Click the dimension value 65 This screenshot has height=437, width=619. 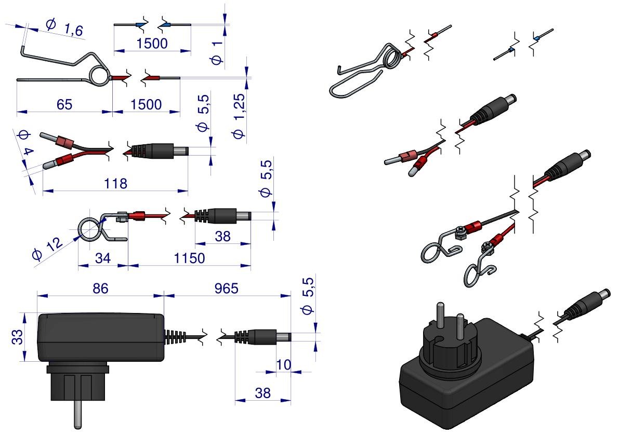[x=64, y=104]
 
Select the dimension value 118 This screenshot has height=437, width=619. [x=115, y=184]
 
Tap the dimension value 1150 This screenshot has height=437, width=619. [x=190, y=258]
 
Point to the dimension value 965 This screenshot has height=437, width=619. [x=226, y=289]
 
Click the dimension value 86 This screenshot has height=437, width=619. [x=100, y=289]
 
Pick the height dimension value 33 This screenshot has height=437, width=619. [x=17, y=337]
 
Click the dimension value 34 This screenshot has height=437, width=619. [x=102, y=258]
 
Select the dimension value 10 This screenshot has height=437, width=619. [x=283, y=365]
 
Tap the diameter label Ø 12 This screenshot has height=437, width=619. [x=47, y=249]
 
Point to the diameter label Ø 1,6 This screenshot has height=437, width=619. [x=64, y=28]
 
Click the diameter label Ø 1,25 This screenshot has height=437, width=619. [x=239, y=116]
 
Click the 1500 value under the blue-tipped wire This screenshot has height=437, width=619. [x=152, y=44]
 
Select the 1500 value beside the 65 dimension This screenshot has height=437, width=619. [x=146, y=104]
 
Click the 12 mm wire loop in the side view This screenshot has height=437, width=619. [x=90, y=229]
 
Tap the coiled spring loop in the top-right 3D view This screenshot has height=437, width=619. [x=391, y=57]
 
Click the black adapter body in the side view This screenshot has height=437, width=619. [x=101, y=337]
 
